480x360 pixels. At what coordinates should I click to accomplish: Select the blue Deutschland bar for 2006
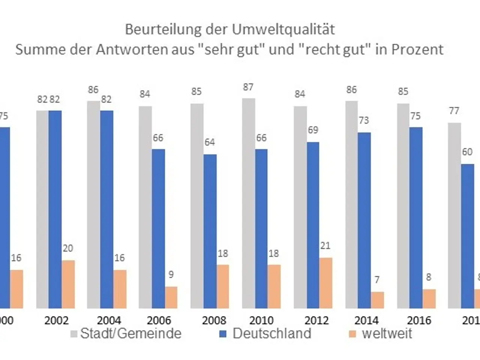pos(158,229)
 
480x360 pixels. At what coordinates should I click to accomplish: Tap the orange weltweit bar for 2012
pos(326,283)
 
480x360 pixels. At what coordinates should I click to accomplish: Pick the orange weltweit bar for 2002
pos(68,284)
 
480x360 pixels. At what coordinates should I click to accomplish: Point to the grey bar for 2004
pos(93,205)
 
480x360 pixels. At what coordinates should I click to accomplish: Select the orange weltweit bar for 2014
pos(378,300)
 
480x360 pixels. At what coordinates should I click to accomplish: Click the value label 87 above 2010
pos(248,87)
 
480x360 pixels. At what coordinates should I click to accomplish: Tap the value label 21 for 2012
pos(325,246)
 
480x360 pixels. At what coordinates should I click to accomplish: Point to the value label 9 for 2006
pos(171,274)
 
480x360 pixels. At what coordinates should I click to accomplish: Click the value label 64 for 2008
pos(210,142)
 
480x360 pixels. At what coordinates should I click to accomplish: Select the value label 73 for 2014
pos(364,120)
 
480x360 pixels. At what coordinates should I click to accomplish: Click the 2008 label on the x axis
pos(214,320)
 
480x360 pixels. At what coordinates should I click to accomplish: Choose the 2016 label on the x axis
pos(419,320)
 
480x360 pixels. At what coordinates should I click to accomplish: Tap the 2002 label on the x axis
pos(57,320)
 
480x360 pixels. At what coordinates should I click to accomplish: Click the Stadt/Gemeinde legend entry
pos(126,333)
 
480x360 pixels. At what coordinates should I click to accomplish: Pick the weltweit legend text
pos(387,333)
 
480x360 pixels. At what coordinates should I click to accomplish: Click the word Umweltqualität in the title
pos(283,29)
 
